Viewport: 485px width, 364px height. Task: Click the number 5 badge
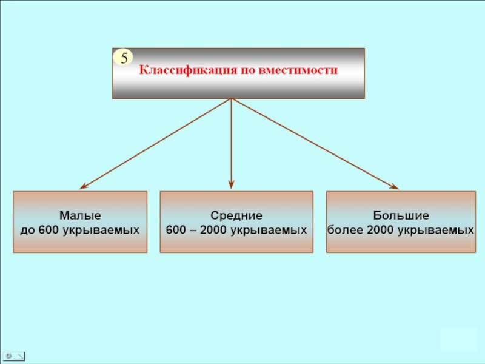[x=124, y=58]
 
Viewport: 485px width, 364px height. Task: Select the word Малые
[x=80, y=216]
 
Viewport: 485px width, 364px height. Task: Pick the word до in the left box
[x=28, y=230]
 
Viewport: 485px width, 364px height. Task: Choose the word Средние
[x=236, y=216]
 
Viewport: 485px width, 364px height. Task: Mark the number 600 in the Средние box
[x=175, y=230]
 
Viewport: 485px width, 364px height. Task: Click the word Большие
[x=401, y=216]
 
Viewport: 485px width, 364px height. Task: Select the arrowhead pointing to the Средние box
[x=231, y=185]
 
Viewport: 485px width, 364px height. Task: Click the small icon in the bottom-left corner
[x=13, y=356]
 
